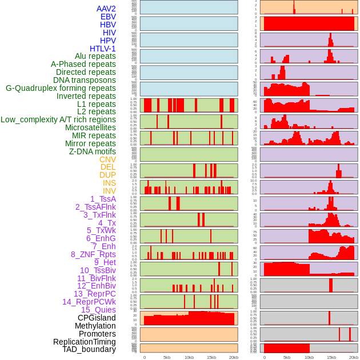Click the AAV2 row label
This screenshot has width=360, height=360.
point(106,9)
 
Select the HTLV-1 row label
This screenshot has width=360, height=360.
point(103,49)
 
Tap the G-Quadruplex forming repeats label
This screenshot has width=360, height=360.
point(61,88)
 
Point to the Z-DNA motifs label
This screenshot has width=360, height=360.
point(93,151)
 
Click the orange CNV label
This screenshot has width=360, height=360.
point(107,159)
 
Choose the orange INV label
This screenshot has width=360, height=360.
point(109,191)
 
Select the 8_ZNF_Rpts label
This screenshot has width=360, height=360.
point(93,254)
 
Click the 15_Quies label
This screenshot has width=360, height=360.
point(98,310)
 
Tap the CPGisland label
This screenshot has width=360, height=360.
point(97,318)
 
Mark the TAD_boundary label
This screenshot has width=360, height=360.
point(89,349)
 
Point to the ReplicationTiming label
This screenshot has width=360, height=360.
point(84,342)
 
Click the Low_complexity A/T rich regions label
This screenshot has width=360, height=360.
point(58,119)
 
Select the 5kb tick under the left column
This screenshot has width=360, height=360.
point(167,357)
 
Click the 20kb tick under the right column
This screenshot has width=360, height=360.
point(354,357)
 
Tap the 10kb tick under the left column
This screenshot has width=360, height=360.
point(189,357)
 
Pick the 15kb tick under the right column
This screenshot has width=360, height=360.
point(331,357)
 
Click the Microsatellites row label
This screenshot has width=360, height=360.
point(90,127)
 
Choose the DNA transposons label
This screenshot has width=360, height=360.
point(85,80)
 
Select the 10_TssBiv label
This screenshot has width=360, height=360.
point(98,270)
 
